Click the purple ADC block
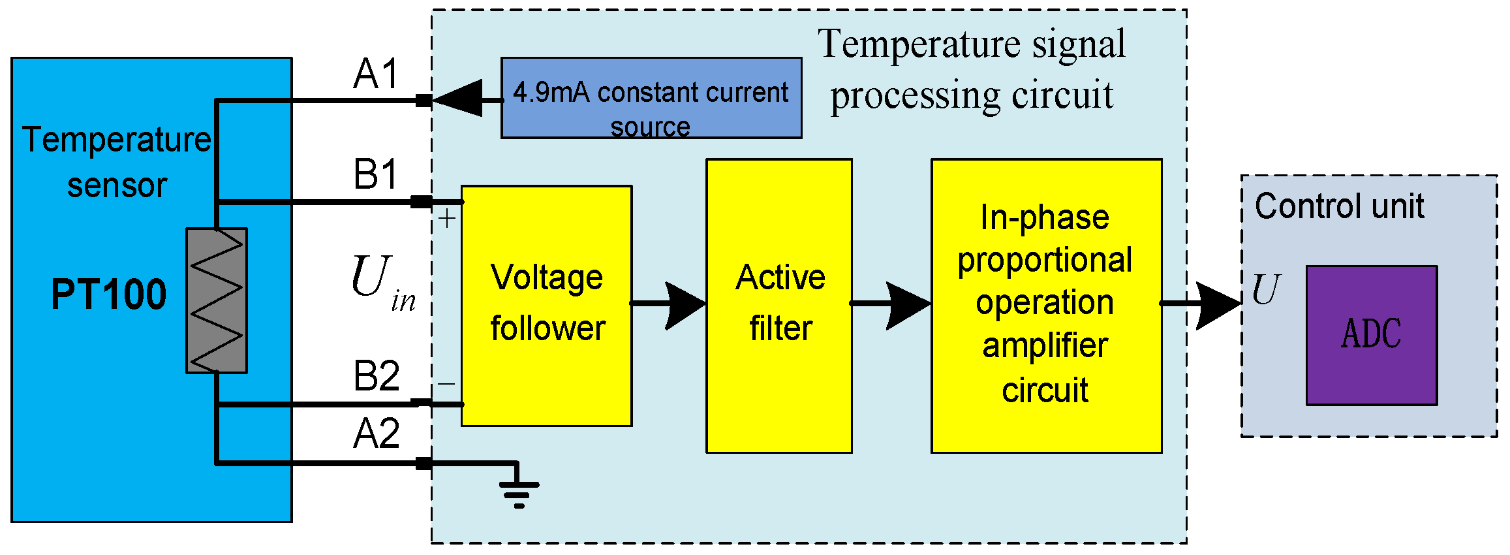[1371, 335]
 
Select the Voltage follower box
[546, 306]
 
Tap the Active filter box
[778, 306]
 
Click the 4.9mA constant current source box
[651, 98]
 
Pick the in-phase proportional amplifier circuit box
[1046, 306]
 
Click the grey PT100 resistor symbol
[216, 300]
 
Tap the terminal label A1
[376, 74]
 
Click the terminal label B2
[376, 376]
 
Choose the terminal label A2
[376, 434]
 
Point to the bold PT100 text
[109, 294]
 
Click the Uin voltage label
[382, 282]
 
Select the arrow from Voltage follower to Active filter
[682, 304]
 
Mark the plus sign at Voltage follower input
[447, 219]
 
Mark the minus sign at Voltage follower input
[447, 384]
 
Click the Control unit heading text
[1339, 206]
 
